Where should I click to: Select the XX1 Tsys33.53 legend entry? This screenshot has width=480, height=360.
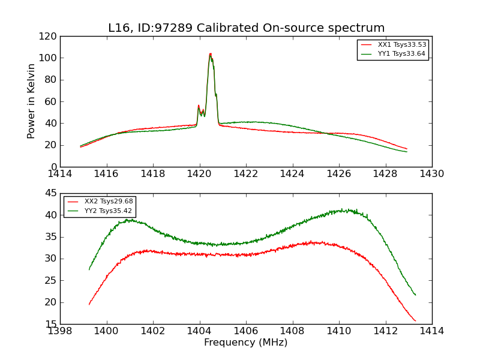(x=401, y=45)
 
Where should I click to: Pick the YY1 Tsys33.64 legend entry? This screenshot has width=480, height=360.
(x=401, y=54)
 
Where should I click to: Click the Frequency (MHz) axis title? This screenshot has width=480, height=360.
(x=246, y=343)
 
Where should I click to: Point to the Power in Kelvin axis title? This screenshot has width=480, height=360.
(x=32, y=101)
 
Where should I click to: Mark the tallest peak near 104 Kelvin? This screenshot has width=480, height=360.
(x=210, y=53)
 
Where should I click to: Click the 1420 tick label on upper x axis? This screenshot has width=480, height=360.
(x=200, y=173)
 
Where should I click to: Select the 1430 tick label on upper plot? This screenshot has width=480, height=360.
(x=431, y=173)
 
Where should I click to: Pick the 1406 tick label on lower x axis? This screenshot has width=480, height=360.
(x=246, y=331)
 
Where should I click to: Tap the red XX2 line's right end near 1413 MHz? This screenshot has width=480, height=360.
(x=415, y=321)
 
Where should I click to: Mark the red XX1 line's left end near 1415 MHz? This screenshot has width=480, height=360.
(x=80, y=147)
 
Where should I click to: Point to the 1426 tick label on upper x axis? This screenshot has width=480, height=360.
(x=339, y=173)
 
